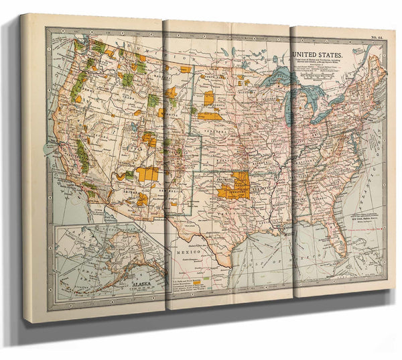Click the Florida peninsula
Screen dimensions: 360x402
(x=339, y=241)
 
